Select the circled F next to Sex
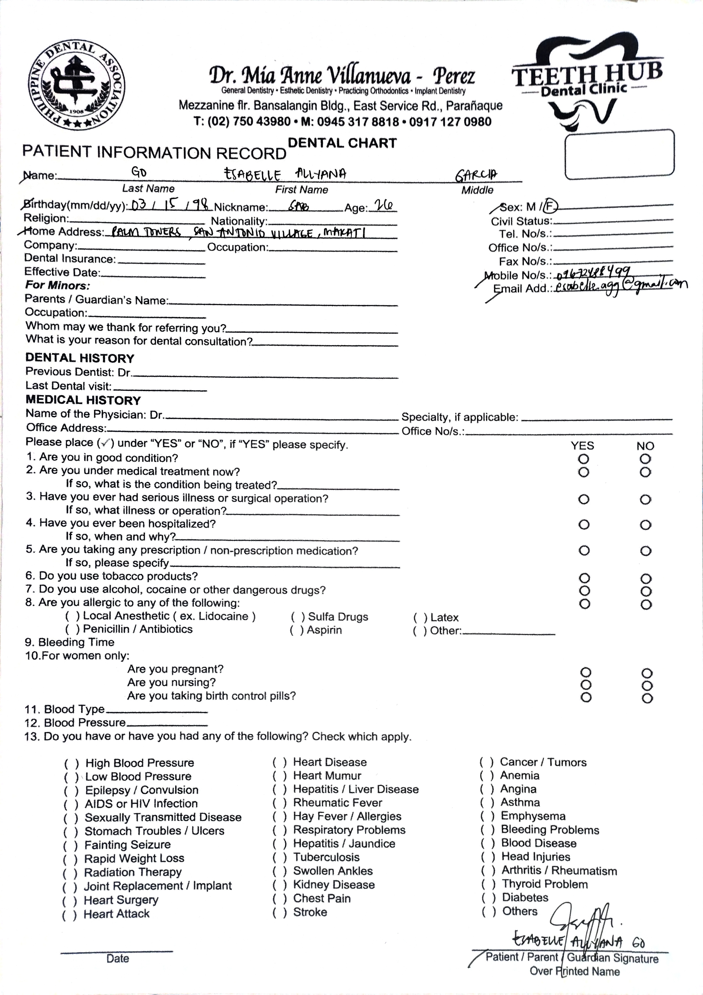550,207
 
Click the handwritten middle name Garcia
475,175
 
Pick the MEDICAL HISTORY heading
83,400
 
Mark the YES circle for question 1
583,458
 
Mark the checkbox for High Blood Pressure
72,763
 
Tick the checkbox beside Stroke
279,912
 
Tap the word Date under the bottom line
117,958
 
